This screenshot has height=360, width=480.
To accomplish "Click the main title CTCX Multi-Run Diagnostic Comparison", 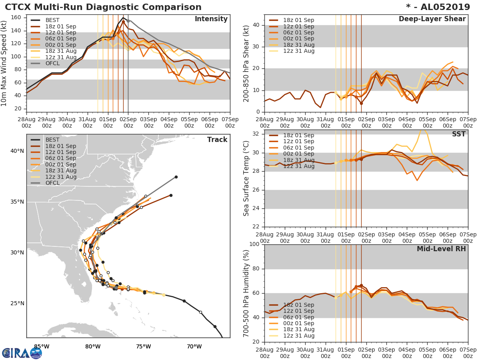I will click(103, 7).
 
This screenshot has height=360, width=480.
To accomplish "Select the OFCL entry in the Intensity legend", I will click(52, 64).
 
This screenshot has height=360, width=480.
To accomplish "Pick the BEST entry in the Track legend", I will click(52, 140).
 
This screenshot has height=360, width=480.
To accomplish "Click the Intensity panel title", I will click(211, 19).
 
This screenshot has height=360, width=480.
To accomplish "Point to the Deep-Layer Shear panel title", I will click(432, 19).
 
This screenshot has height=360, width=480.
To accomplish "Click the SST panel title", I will click(459, 134).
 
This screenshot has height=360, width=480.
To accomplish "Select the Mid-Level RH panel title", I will click(441, 249).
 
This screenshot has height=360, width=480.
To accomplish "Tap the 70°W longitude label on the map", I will click(194, 346).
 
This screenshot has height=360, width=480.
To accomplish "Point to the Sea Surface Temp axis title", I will click(246, 178).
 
